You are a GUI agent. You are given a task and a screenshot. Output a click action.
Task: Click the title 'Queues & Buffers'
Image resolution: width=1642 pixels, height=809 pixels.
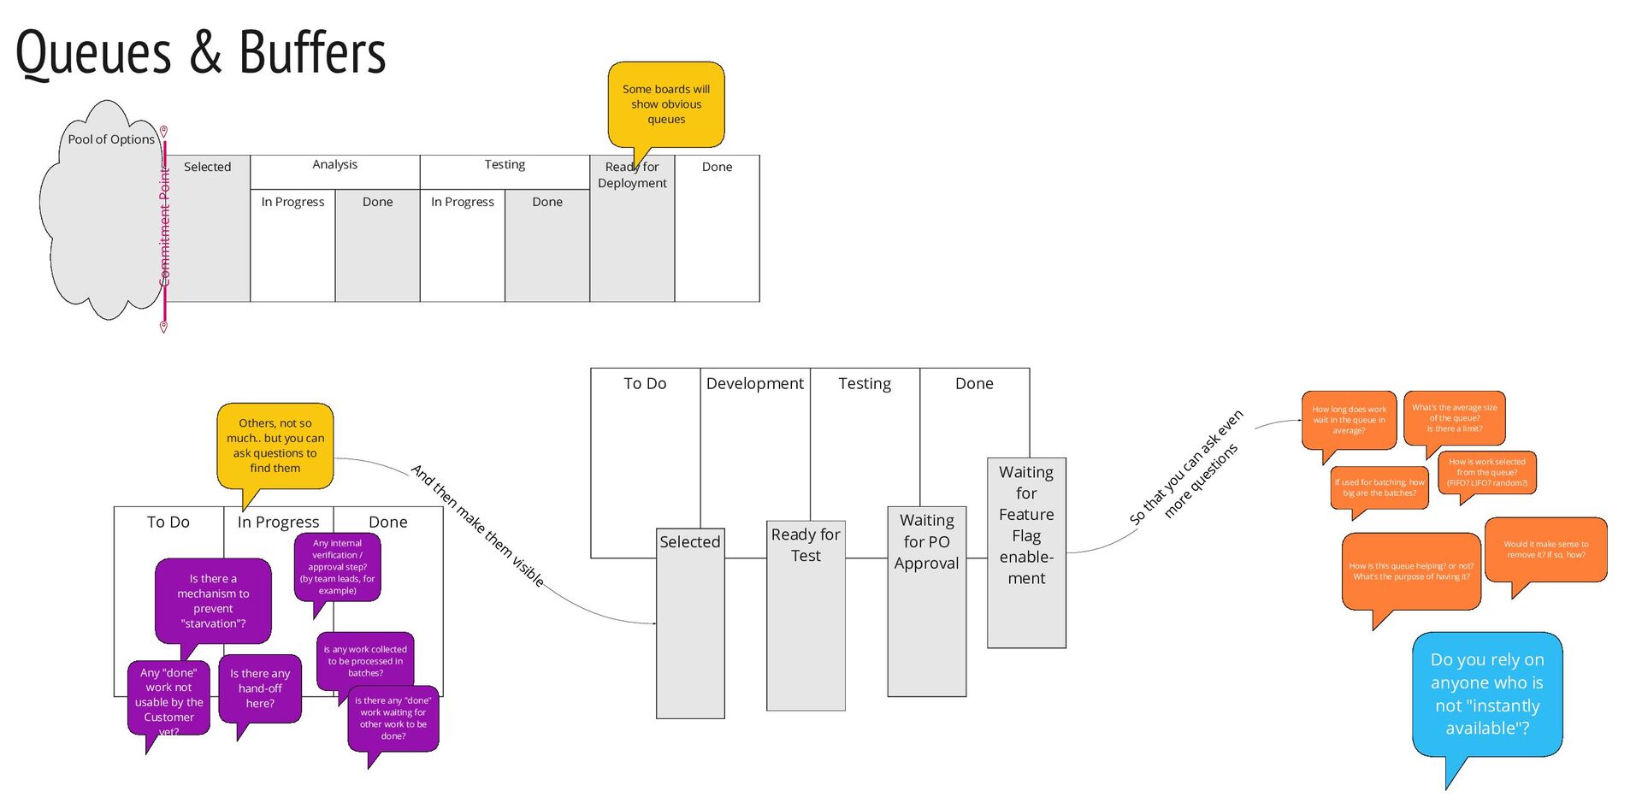coord(200,53)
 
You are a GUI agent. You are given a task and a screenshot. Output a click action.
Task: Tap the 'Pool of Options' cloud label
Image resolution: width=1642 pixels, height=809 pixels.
coord(111,139)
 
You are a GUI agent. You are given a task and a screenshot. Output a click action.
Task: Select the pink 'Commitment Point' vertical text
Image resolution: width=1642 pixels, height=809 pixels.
coord(165,227)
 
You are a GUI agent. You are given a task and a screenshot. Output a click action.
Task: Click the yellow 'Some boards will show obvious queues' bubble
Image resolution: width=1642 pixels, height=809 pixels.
coord(666,103)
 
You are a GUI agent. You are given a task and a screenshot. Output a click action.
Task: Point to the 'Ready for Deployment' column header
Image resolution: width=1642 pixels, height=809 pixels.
coord(632,175)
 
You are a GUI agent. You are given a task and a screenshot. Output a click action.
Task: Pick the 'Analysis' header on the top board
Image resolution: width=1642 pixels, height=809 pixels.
coord(334,164)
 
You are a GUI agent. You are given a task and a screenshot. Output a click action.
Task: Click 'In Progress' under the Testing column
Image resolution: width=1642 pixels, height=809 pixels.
coord(462,202)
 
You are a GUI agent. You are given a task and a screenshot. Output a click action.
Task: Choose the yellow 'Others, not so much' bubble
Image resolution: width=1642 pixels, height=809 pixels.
coord(275,446)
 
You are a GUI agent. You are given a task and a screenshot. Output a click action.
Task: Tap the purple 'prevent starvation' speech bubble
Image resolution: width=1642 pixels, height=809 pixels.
coord(213,600)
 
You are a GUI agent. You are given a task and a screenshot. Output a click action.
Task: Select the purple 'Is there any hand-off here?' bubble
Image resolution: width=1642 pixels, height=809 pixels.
coord(260,688)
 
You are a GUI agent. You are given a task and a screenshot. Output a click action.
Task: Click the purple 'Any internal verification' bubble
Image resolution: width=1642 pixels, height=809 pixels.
coord(337,566)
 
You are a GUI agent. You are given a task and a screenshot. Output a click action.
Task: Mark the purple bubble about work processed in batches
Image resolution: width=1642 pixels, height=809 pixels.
coord(365,661)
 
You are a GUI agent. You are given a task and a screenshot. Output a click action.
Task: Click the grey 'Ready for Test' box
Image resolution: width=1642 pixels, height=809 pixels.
coord(806,616)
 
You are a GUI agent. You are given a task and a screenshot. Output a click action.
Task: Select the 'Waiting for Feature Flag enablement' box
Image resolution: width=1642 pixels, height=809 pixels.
coord(1026,552)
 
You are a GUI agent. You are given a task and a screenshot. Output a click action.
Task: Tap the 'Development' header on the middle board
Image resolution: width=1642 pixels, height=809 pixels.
coord(754,384)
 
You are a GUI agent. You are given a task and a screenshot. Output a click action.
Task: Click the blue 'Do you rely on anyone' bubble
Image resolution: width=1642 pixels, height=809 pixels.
coord(1486,694)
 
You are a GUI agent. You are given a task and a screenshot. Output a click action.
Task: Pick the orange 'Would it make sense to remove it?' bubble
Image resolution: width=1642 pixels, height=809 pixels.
coord(1545,549)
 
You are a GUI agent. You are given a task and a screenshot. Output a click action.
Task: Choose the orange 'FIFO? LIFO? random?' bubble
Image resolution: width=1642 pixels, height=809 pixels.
coord(1486,472)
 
